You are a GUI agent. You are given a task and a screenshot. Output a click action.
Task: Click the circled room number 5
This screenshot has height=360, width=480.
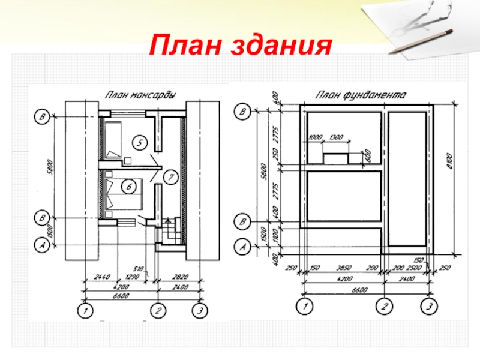139,143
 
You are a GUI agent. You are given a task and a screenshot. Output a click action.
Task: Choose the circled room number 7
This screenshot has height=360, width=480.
170,177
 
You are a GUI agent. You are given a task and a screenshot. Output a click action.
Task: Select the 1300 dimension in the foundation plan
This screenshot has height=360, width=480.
335,139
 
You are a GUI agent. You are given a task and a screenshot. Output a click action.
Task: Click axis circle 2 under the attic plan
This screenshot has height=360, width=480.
158,311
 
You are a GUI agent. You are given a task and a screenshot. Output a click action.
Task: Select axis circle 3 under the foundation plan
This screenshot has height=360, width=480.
428,307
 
